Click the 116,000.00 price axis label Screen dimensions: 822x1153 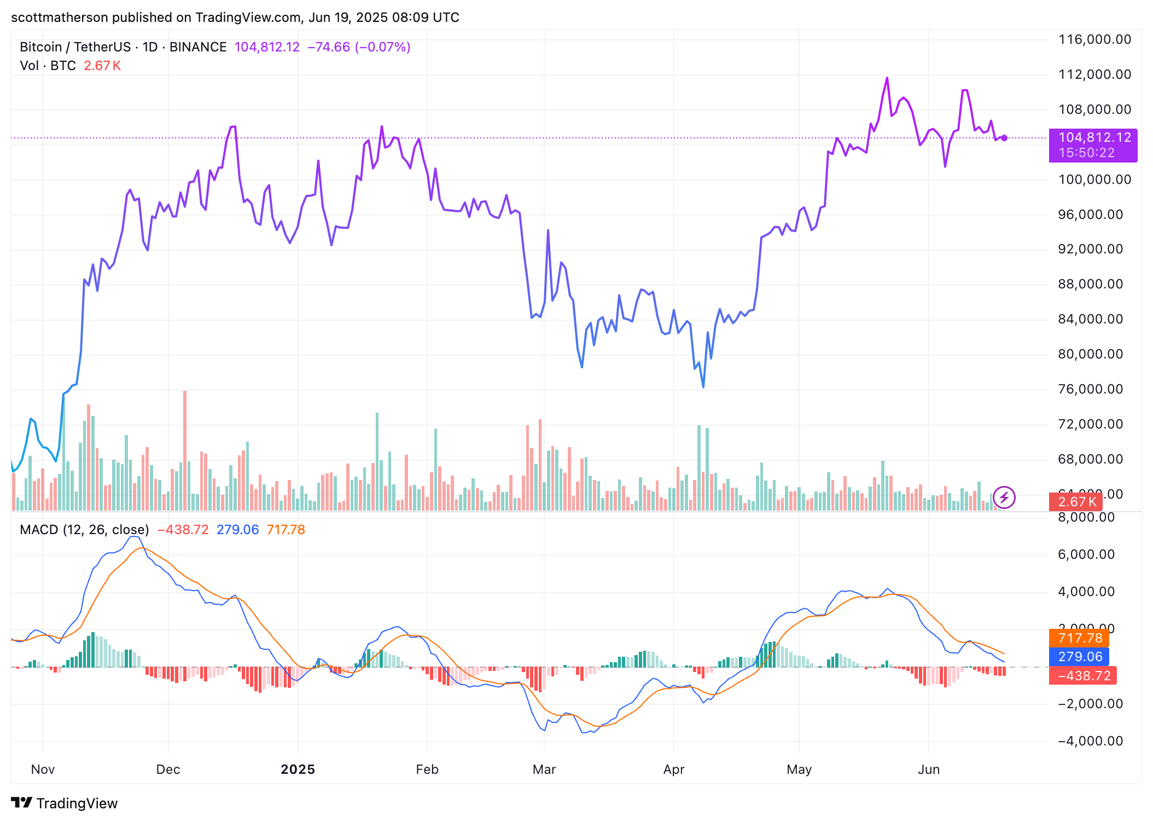tap(1094, 39)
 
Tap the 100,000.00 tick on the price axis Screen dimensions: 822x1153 tap(1094, 180)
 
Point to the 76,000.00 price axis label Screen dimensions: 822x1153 tap(1090, 389)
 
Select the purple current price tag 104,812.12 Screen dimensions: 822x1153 tap(1093, 138)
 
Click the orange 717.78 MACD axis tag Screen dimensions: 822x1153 tap(1080, 638)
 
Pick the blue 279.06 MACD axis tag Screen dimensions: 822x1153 tap(1080, 657)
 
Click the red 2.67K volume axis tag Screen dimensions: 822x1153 tap(1076, 502)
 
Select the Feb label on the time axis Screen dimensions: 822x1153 tap(427, 769)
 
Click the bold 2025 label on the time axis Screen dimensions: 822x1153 tap(298, 769)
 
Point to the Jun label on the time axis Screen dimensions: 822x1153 tap(928, 769)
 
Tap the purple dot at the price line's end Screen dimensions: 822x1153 tap(1004, 138)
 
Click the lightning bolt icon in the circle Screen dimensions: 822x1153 tap(1004, 497)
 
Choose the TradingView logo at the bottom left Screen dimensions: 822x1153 tap(64, 803)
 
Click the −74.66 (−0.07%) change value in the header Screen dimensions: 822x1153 tap(359, 47)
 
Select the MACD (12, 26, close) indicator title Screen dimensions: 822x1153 tap(84, 530)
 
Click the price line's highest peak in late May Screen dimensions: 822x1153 tap(887, 78)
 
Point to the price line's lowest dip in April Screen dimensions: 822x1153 tap(703, 387)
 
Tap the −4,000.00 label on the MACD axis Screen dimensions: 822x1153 tap(1090, 741)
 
